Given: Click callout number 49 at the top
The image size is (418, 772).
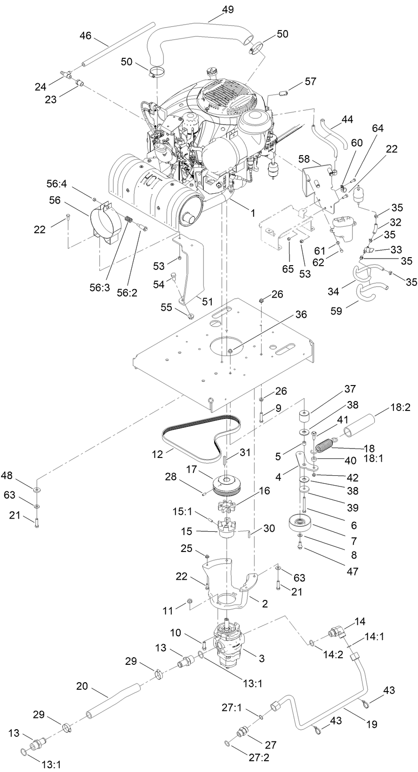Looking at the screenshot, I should [228, 9].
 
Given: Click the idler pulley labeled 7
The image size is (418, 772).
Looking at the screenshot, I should [300, 523].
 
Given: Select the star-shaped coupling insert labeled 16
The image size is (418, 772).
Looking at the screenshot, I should [228, 508].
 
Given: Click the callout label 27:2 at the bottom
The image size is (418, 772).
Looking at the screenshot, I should [258, 758].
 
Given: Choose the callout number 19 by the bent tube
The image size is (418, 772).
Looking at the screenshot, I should [371, 725].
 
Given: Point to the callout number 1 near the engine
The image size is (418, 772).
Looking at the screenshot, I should [252, 213].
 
